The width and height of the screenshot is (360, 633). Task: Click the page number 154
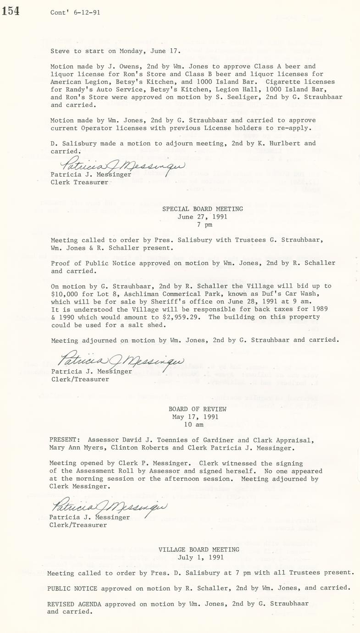coord(11,11)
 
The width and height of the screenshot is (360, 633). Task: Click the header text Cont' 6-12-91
coord(75,13)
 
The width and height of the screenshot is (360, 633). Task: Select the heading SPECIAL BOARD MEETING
coord(203,209)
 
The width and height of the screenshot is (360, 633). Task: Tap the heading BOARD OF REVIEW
coord(197,409)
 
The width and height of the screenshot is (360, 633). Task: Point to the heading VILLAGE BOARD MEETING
coord(199,550)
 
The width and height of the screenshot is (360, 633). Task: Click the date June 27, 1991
coord(202,217)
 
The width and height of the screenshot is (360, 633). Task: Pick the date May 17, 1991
coord(195,417)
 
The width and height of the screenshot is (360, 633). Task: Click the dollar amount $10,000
coord(62,294)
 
